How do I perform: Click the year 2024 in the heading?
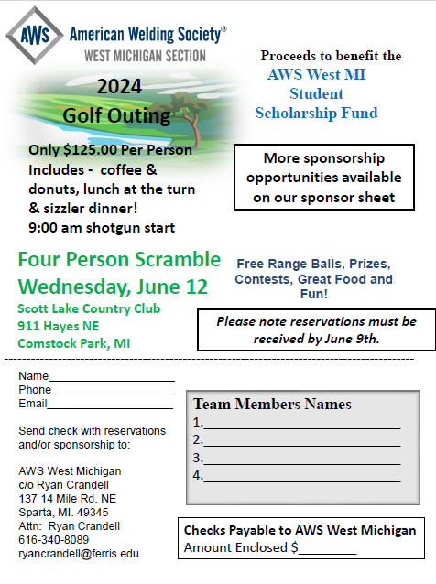tap(118, 87)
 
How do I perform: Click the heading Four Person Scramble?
tap(119, 259)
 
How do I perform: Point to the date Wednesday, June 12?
tap(113, 287)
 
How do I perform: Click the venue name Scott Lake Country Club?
tap(87, 309)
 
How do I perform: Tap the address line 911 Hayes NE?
tap(59, 326)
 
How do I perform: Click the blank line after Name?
tap(111, 376)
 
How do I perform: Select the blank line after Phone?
tap(113, 390)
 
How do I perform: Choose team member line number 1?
tap(301, 423)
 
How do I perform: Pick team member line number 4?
tap(301, 476)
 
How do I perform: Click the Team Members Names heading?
tap(272, 404)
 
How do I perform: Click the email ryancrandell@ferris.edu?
tap(79, 554)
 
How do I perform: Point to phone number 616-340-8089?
tap(54, 540)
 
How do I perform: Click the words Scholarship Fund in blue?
tap(316, 113)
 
